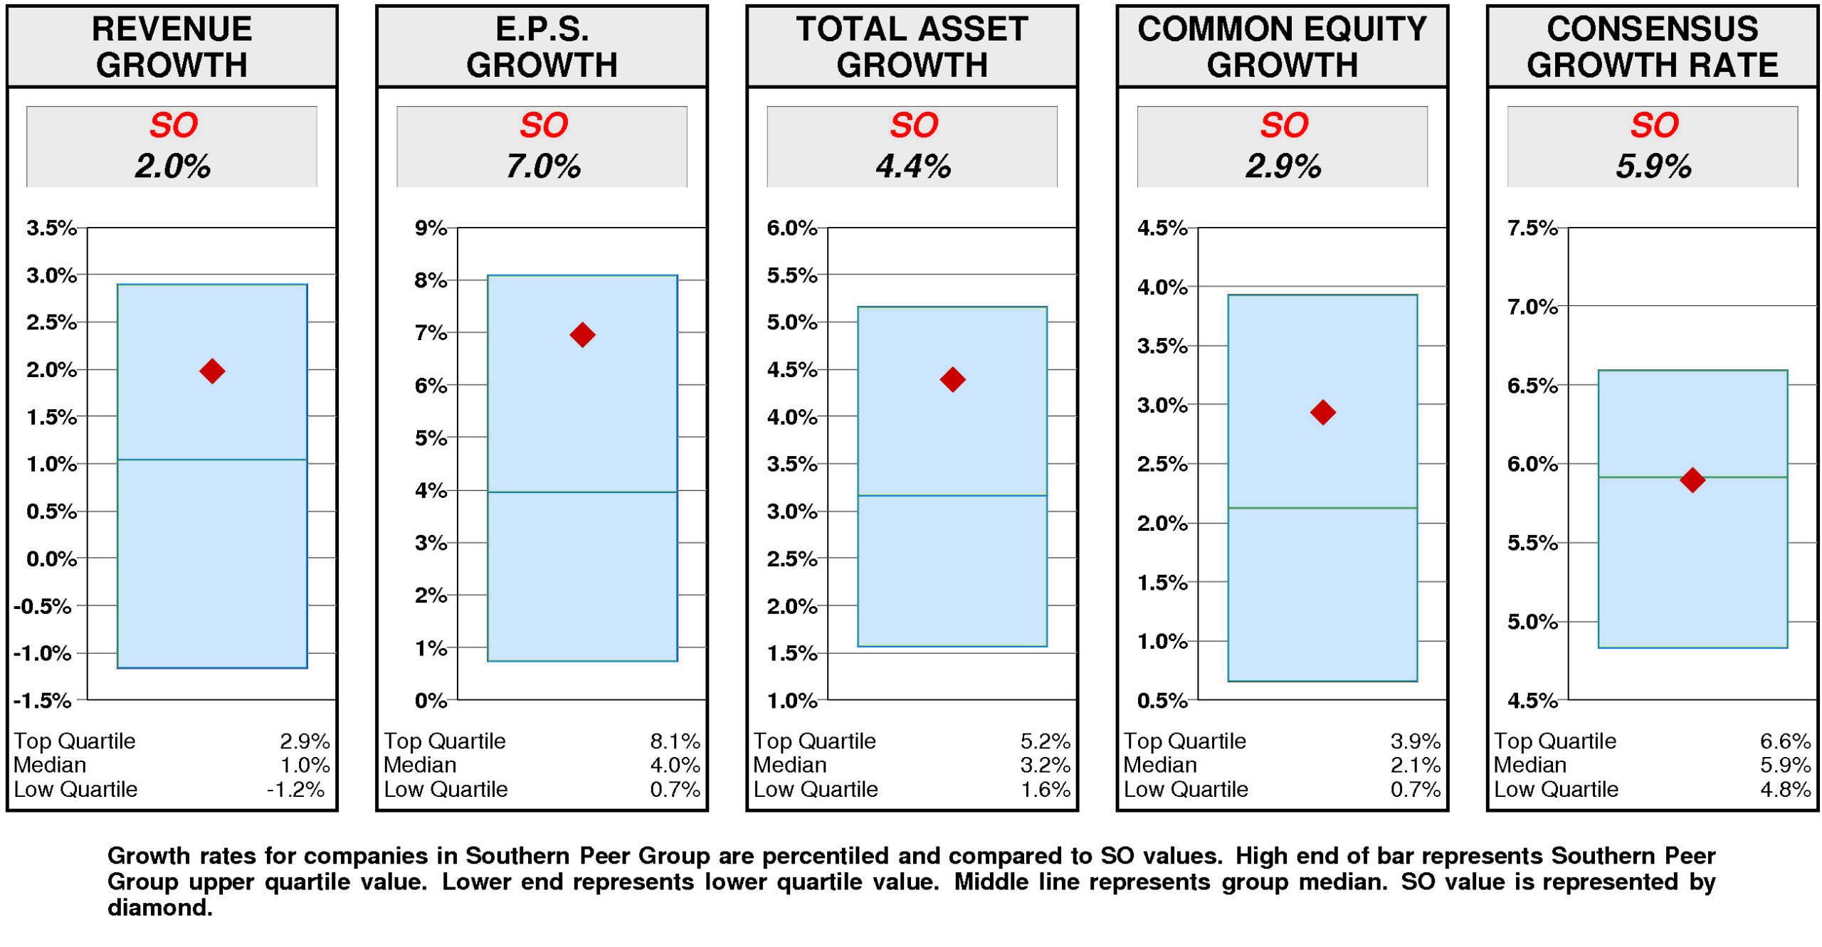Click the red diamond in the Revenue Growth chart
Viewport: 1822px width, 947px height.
point(212,371)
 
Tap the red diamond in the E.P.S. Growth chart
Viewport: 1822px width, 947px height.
point(582,334)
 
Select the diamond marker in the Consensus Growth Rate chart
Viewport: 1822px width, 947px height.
point(1692,480)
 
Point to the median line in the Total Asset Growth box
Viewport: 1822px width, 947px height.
point(952,495)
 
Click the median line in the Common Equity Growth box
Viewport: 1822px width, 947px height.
point(1322,507)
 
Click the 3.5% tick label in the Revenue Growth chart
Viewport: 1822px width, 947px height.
point(51,228)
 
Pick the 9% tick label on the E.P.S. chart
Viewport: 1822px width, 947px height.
point(431,228)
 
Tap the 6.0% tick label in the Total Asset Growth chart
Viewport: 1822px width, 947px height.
point(791,228)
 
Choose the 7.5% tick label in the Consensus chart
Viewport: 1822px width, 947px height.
point(1532,228)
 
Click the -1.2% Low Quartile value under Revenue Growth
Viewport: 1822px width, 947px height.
point(295,789)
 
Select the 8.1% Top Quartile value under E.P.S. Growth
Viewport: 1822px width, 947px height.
point(674,741)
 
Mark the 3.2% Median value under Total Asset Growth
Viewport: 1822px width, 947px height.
point(1045,765)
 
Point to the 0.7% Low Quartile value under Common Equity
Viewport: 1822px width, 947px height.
point(1415,789)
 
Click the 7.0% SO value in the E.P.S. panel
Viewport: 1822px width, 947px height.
point(542,166)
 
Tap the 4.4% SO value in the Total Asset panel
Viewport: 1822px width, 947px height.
point(912,166)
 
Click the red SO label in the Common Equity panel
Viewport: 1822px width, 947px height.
point(1283,125)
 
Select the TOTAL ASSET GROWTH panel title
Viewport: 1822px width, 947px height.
point(912,47)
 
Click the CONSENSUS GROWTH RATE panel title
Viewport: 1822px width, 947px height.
point(1652,47)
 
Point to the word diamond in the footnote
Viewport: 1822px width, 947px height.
point(159,908)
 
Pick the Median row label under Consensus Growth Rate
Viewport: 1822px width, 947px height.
point(1529,765)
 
